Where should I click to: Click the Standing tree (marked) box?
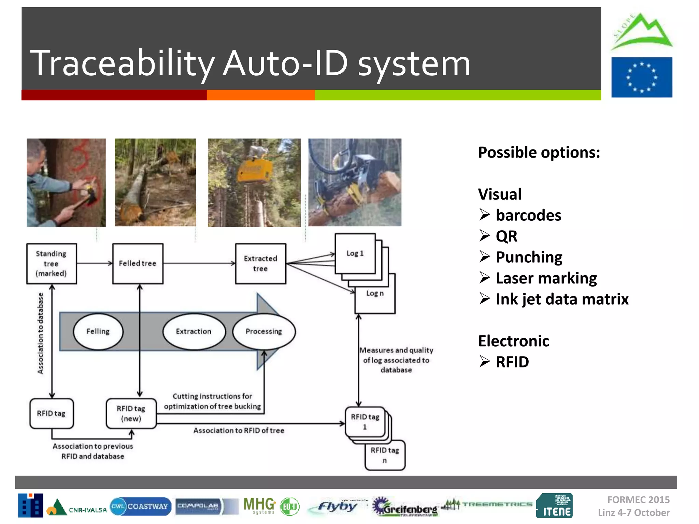click(x=52, y=264)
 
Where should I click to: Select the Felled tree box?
click(x=138, y=264)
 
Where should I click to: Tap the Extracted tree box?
click(x=260, y=264)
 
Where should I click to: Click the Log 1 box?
click(x=355, y=253)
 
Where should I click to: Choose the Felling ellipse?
click(x=98, y=332)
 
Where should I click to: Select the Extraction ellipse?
click(x=194, y=332)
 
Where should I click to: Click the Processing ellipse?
click(x=264, y=332)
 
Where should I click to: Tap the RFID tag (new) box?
click(x=131, y=413)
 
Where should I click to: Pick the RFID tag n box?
click(x=385, y=455)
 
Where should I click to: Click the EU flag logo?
click(x=642, y=77)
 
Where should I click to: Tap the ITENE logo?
click(x=554, y=506)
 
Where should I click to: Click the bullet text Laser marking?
click(x=546, y=278)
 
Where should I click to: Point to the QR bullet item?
click(x=506, y=236)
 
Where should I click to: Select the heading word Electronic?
click(x=513, y=341)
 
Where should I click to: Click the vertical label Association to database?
click(x=41, y=333)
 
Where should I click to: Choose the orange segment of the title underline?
click(x=260, y=95)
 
